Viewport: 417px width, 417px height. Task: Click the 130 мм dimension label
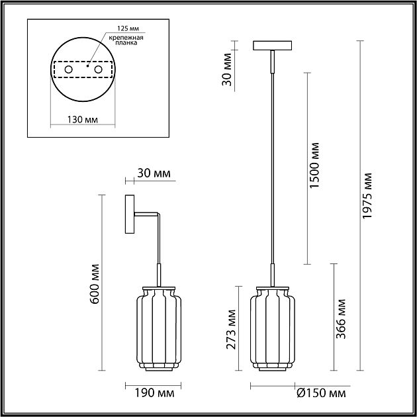(x=83, y=120)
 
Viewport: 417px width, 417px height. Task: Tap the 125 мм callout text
(x=128, y=28)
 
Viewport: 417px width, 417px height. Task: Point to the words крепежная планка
(x=126, y=40)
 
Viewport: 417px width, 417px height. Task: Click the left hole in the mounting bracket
(x=68, y=69)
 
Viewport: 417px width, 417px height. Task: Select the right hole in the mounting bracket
(x=98, y=69)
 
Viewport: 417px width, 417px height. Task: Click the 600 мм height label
(x=95, y=284)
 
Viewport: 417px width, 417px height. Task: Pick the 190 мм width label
(x=154, y=393)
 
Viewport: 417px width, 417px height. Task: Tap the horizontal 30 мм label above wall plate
(x=154, y=173)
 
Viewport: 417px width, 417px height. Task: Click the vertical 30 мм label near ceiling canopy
(x=227, y=69)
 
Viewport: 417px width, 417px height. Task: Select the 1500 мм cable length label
(x=314, y=165)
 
